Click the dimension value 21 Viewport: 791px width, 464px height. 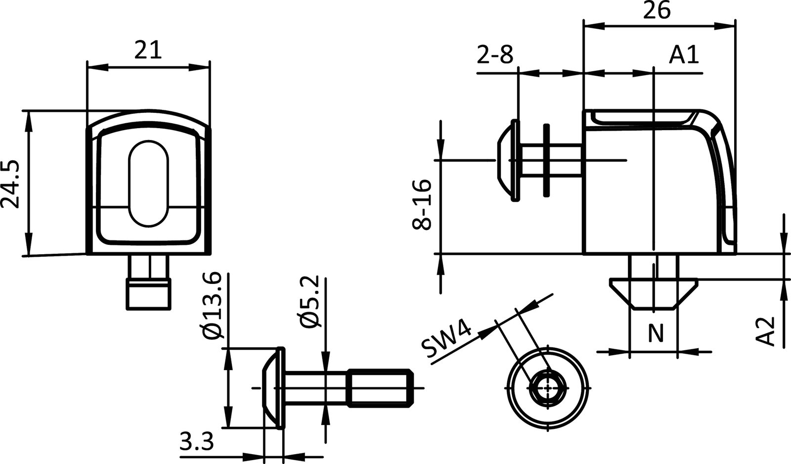point(148,50)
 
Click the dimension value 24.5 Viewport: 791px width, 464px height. point(11,184)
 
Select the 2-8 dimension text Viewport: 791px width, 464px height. point(495,55)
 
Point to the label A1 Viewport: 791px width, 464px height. point(684,55)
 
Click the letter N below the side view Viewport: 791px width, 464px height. point(655,334)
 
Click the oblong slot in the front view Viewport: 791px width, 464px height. point(149,184)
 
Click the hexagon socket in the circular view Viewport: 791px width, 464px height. point(548,388)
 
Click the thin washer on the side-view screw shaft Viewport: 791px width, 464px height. point(546,160)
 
